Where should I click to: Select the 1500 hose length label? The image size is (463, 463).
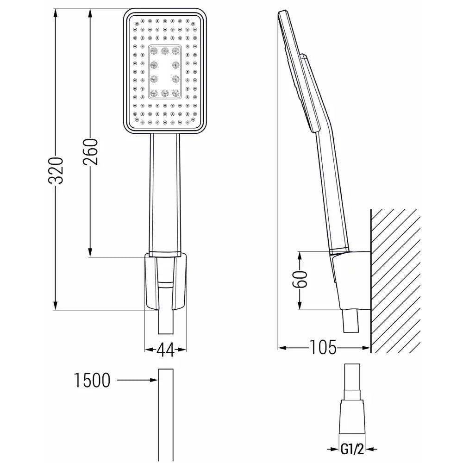click(x=92, y=381)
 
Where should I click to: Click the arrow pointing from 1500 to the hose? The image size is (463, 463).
click(x=137, y=381)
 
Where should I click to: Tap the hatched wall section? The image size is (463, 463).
click(x=394, y=278)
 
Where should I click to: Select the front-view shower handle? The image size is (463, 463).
click(x=165, y=194)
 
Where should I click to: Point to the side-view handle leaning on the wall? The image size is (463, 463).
click(x=331, y=194)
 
